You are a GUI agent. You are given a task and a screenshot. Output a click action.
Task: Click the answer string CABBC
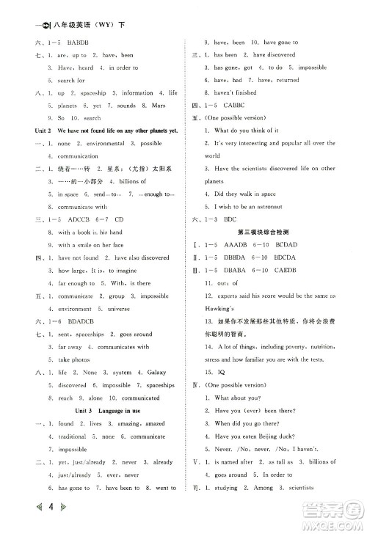coord(238,104)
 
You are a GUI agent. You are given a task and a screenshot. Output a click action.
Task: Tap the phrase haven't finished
coord(235,92)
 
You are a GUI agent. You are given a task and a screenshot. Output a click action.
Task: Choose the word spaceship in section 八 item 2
coord(94,92)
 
